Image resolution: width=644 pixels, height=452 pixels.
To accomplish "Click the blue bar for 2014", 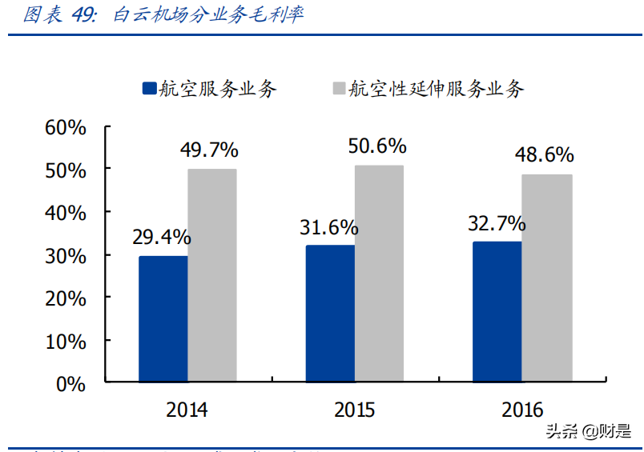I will (x=163, y=318).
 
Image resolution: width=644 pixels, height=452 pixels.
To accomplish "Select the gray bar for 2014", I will (x=212, y=275).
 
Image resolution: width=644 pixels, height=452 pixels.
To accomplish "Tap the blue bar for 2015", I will (x=331, y=314).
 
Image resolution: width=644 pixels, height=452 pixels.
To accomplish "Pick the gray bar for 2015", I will (x=380, y=274).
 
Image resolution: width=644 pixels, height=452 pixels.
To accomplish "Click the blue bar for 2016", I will (x=497, y=311).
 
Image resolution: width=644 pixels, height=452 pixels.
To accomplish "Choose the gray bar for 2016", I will (x=547, y=278).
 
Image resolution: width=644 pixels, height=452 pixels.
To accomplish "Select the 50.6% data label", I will (x=377, y=146).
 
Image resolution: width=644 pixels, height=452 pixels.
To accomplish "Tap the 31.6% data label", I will (x=328, y=227).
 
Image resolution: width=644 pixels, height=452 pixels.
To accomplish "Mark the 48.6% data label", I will (x=545, y=154).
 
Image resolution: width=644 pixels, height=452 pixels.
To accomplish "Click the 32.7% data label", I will (x=497, y=223).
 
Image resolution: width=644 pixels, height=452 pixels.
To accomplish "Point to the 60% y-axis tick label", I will (x=65, y=127).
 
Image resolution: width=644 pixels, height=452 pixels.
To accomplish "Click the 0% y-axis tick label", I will (x=70, y=383).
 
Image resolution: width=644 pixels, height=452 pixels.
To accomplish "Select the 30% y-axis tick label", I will (x=65, y=255).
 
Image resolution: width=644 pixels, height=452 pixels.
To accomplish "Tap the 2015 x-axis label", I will (x=354, y=410).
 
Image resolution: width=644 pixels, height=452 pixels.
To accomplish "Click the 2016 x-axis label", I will (x=522, y=410).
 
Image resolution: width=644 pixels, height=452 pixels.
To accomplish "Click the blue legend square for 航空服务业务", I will (x=149, y=89).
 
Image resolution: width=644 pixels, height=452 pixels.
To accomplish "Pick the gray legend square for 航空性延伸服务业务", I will (x=337, y=89).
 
